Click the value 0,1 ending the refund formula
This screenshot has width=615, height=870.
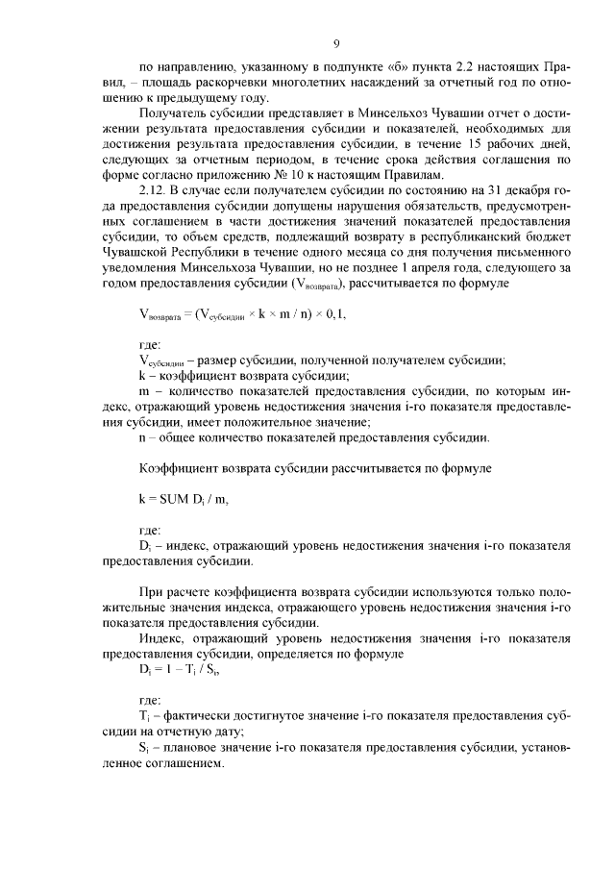(336, 313)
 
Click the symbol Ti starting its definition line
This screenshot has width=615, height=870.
(144, 717)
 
